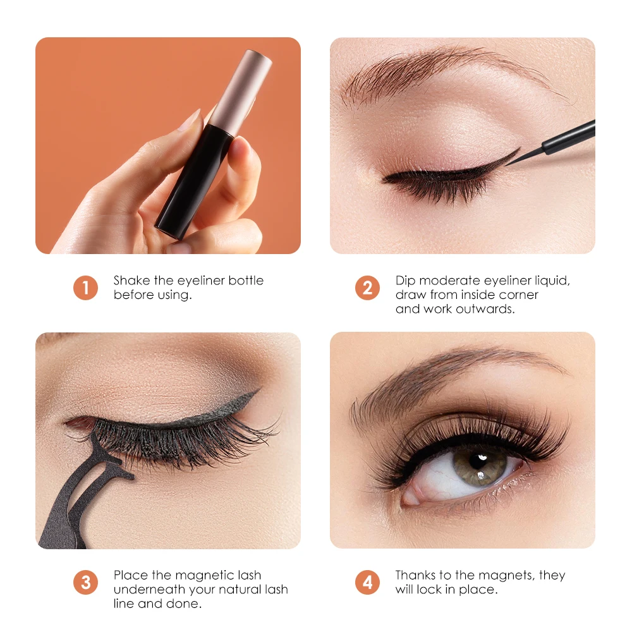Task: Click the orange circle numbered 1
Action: [85, 288]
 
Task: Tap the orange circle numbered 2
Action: [367, 288]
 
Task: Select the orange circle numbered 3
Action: [85, 582]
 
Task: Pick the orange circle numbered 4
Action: [367, 582]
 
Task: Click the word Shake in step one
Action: [131, 281]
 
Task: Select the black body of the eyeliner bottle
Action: [190, 183]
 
